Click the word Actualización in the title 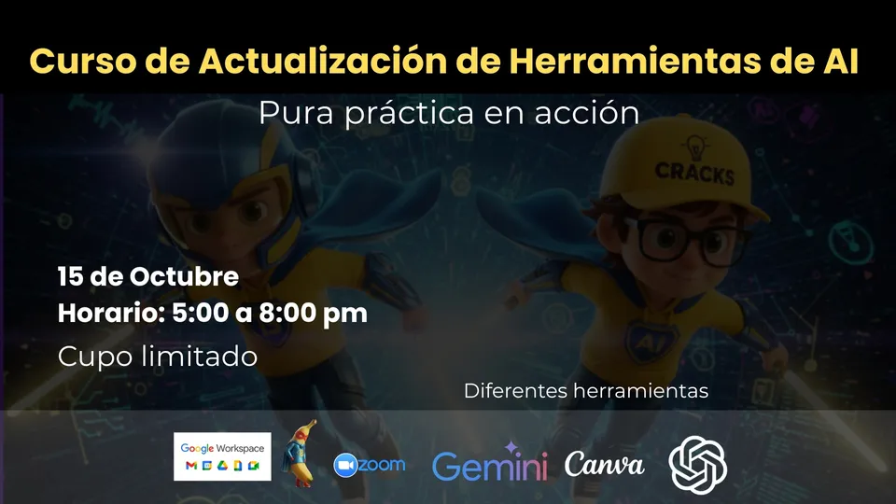tap(323, 61)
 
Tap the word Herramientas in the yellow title tap(635, 61)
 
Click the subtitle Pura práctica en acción tap(449, 113)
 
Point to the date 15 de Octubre tap(148, 276)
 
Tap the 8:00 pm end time tap(314, 314)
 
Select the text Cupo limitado tap(157, 357)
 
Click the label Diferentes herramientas tap(586, 391)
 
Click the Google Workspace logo tap(222, 456)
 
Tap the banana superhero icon tap(299, 454)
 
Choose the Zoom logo tap(370, 465)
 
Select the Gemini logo tap(490, 462)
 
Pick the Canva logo tap(605, 464)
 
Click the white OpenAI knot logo tap(698, 465)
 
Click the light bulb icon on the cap tap(695, 147)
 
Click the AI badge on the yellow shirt tap(651, 342)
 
